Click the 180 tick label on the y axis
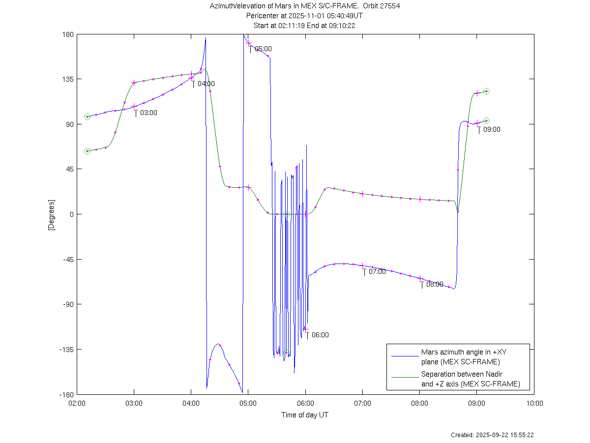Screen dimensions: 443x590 click(68, 34)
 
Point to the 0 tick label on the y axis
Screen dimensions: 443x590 click(71, 214)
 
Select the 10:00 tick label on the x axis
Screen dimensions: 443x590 click(534, 403)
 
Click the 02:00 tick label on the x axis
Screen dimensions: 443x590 click(77, 403)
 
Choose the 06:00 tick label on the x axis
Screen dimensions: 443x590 click(305, 403)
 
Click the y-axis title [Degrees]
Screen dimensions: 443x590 click(51, 215)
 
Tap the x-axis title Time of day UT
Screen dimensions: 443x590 click(305, 415)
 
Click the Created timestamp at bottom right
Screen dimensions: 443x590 click(492, 435)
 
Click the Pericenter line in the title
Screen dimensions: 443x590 click(305, 16)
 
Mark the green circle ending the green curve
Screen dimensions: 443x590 click(486, 91)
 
